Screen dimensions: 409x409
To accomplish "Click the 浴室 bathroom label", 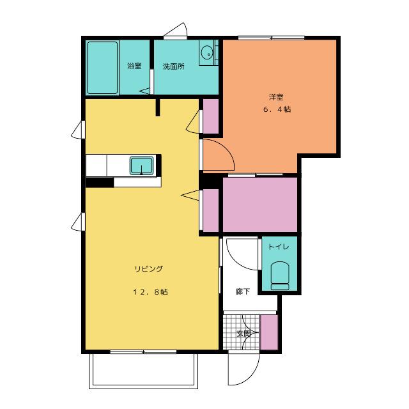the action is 134,66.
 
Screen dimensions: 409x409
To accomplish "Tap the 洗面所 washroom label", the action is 174,66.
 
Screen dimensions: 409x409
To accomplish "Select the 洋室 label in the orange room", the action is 276,97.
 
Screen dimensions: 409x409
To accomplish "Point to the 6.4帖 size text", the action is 277,109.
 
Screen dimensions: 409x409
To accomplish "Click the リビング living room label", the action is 149,268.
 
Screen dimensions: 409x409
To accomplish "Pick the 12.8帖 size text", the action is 151,291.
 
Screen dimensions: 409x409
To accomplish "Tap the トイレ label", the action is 279,247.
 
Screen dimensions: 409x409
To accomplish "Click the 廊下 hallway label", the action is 243,291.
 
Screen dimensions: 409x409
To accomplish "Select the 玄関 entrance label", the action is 243,334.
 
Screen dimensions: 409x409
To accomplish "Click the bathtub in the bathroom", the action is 102,68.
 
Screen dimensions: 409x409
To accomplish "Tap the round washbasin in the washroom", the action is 207,53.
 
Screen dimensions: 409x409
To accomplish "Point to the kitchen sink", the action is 142,166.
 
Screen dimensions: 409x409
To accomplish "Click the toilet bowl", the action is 280,275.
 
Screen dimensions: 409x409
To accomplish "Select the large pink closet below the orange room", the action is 260,204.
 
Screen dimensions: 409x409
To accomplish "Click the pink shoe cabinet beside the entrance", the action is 269,332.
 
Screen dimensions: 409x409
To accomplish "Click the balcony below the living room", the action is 143,371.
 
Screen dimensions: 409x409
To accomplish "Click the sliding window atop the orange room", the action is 271,38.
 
